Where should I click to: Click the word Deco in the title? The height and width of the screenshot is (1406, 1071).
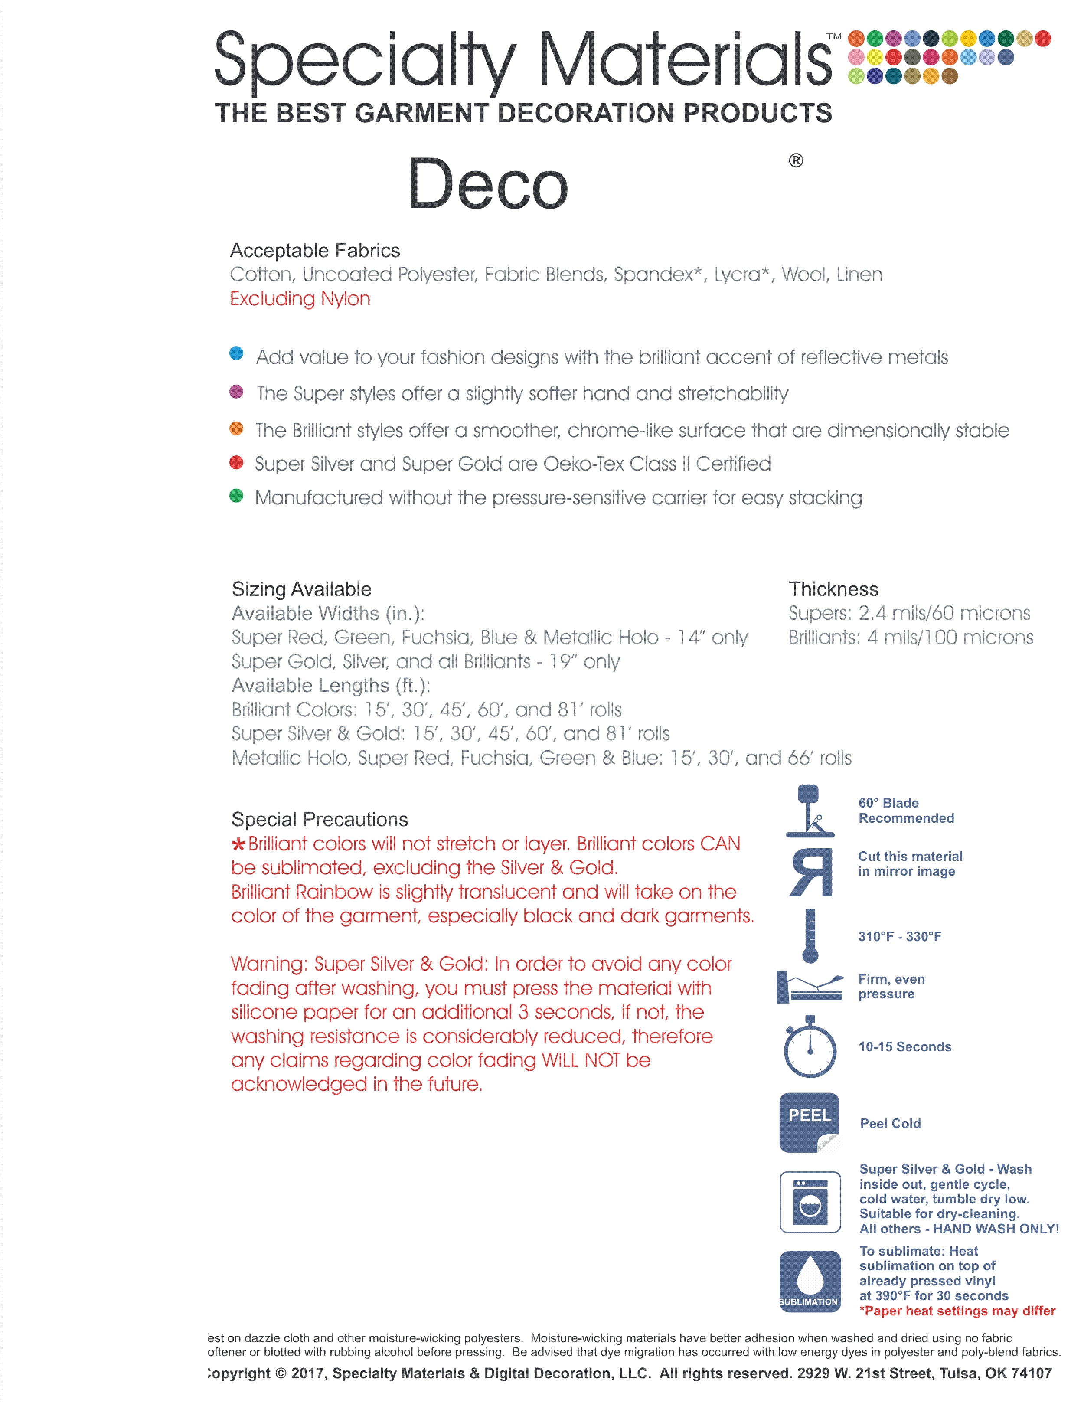pyautogui.click(x=488, y=185)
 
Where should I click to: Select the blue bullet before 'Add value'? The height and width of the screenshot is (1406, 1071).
pyautogui.click(x=236, y=353)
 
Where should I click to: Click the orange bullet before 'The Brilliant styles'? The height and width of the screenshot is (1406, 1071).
pyautogui.click(x=236, y=428)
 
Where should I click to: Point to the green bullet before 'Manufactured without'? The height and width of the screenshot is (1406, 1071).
pyautogui.click(x=236, y=495)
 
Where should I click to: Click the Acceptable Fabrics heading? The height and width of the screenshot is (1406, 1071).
pyautogui.click(x=315, y=251)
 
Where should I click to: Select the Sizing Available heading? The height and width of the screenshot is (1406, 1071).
pyautogui.click(x=301, y=589)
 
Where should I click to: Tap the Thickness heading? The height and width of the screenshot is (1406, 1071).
pyautogui.click(x=833, y=589)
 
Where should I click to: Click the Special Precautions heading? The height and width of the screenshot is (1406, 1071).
pyautogui.click(x=320, y=819)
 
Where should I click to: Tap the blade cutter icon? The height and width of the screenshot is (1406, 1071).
pyautogui.click(x=810, y=811)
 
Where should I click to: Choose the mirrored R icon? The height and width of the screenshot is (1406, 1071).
pyautogui.click(x=811, y=872)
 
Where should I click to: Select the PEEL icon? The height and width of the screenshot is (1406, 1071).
pyautogui.click(x=810, y=1122)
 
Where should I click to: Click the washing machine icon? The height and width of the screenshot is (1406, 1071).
pyautogui.click(x=810, y=1202)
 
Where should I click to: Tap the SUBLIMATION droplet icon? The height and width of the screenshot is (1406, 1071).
pyautogui.click(x=810, y=1282)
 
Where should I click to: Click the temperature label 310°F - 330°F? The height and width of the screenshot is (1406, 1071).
pyautogui.click(x=900, y=937)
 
